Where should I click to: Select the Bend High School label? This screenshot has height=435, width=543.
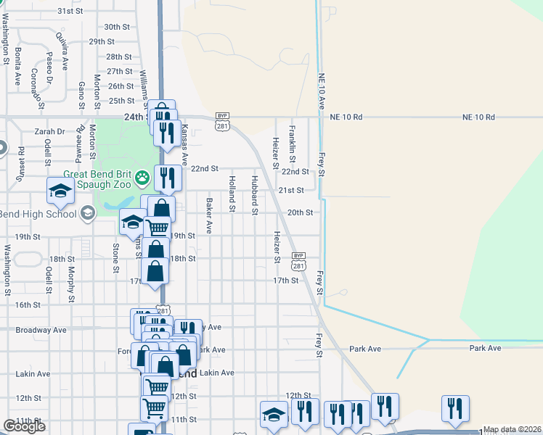click(38, 214)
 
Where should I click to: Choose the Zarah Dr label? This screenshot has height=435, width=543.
click(50, 132)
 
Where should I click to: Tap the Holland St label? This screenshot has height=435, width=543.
click(232, 194)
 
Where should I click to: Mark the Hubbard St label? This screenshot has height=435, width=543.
click(255, 195)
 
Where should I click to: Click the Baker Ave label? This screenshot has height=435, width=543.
click(208, 215)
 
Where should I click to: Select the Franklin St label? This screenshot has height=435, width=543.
click(292, 144)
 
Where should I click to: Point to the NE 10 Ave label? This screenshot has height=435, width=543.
click(320, 91)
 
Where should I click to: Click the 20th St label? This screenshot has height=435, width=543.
click(300, 212)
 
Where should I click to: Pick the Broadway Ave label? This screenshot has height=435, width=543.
click(41, 330)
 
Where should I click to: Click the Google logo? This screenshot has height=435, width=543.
click(24, 426)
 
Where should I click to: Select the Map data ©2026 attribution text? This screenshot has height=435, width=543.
click(512, 429)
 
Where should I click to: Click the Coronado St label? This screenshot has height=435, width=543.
click(35, 86)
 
